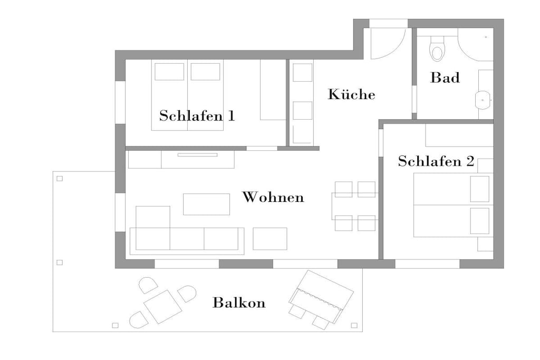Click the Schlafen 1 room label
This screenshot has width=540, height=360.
(197, 115)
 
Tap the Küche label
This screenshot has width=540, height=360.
(351, 94)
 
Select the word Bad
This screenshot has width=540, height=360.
(445, 77)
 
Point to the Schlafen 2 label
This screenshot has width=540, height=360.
(436, 161)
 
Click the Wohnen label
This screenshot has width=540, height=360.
(273, 197)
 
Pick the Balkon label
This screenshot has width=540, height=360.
(239, 303)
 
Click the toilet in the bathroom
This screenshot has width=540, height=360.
(437, 49)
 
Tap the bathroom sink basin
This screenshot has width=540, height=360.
(483, 100)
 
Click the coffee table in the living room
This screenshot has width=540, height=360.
(206, 204)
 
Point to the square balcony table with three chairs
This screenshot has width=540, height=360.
(163, 307)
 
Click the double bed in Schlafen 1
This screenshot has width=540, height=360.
(187, 95)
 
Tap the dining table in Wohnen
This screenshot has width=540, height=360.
(355, 206)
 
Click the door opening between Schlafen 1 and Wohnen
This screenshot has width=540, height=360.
(262, 148)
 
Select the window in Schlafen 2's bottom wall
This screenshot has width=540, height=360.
(427, 264)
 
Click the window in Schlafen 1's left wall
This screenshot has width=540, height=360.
(120, 102)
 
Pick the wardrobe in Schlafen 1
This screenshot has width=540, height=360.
(273, 90)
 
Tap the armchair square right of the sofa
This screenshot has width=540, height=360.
(270, 239)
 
